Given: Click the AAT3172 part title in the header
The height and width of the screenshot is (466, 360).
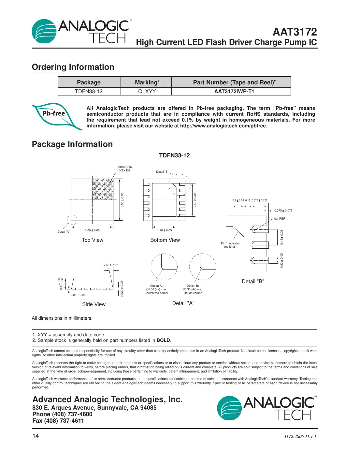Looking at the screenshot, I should click(295, 32).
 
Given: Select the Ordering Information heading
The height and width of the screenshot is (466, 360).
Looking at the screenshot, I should click(73, 67).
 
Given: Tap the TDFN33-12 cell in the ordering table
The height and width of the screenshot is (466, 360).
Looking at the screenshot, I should click(89, 92).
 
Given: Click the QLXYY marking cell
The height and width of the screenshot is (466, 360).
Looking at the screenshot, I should click(147, 92).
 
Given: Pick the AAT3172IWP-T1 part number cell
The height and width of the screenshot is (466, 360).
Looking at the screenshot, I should click(234, 92).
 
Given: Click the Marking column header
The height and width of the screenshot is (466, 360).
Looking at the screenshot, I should click(147, 82).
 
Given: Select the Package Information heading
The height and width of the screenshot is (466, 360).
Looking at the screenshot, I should click(72, 144).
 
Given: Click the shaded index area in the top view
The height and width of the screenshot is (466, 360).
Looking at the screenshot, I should click(103, 189).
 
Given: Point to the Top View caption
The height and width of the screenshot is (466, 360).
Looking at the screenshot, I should click(93, 240).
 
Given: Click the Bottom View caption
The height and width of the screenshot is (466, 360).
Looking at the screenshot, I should click(165, 240).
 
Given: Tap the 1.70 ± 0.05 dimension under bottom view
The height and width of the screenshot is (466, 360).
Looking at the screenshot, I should click(164, 230).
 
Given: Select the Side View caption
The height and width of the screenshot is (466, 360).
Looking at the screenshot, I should click(94, 304).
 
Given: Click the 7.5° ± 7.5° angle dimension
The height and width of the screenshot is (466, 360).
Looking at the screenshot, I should click(111, 265).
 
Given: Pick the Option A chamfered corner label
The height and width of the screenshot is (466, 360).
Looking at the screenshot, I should click(156, 289).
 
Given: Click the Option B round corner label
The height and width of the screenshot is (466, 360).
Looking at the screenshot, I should click(193, 289).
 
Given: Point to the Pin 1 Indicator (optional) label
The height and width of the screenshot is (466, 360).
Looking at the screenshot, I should click(230, 245).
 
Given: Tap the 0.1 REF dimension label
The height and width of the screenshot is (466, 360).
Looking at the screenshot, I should click(280, 219).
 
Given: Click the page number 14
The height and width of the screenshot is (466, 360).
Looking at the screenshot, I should click(36, 436).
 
